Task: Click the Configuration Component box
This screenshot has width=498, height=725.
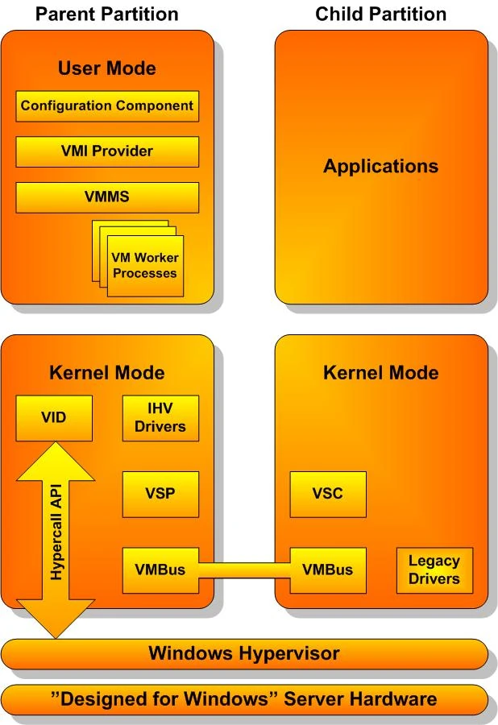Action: (107, 106)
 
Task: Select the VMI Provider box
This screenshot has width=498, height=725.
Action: (107, 151)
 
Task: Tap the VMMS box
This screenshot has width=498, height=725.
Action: (107, 197)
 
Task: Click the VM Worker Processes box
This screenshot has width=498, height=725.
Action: (145, 266)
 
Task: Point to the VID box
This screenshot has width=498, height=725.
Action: (54, 418)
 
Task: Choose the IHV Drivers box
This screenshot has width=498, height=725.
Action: (160, 418)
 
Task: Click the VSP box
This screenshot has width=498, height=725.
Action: (160, 495)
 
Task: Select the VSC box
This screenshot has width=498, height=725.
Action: (328, 495)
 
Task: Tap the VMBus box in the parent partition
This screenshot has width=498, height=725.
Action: (160, 570)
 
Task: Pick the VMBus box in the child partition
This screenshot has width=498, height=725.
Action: (328, 570)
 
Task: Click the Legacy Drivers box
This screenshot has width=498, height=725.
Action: (434, 570)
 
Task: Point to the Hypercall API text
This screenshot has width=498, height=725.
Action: (56, 532)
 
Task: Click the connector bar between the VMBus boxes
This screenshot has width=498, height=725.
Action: (244, 570)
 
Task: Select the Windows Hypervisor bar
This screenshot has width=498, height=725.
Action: (244, 654)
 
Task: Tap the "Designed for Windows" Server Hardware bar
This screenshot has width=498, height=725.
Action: (244, 699)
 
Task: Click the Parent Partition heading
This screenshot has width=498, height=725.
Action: (107, 14)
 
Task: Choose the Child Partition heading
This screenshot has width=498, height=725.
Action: (381, 14)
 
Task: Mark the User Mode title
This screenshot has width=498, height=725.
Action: (107, 68)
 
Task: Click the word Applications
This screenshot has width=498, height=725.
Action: (381, 167)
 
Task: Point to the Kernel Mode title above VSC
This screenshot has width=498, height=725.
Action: (381, 373)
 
